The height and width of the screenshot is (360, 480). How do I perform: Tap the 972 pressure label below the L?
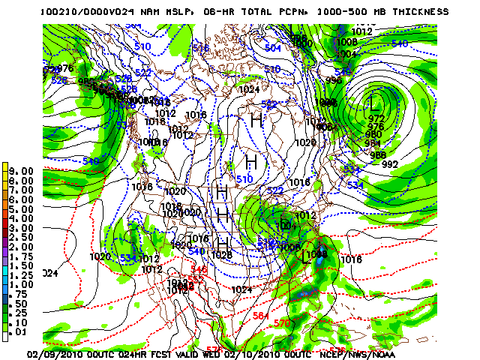click(x=376, y=118)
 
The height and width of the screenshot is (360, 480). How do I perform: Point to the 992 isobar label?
click(x=390, y=164)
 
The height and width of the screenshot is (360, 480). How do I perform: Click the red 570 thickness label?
click(x=281, y=323)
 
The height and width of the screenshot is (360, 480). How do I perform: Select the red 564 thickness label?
click(x=260, y=316)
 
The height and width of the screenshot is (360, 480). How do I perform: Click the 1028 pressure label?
click(x=221, y=255)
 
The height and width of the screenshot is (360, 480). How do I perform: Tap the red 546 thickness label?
click(x=199, y=269)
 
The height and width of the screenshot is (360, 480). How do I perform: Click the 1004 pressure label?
click(x=346, y=54)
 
